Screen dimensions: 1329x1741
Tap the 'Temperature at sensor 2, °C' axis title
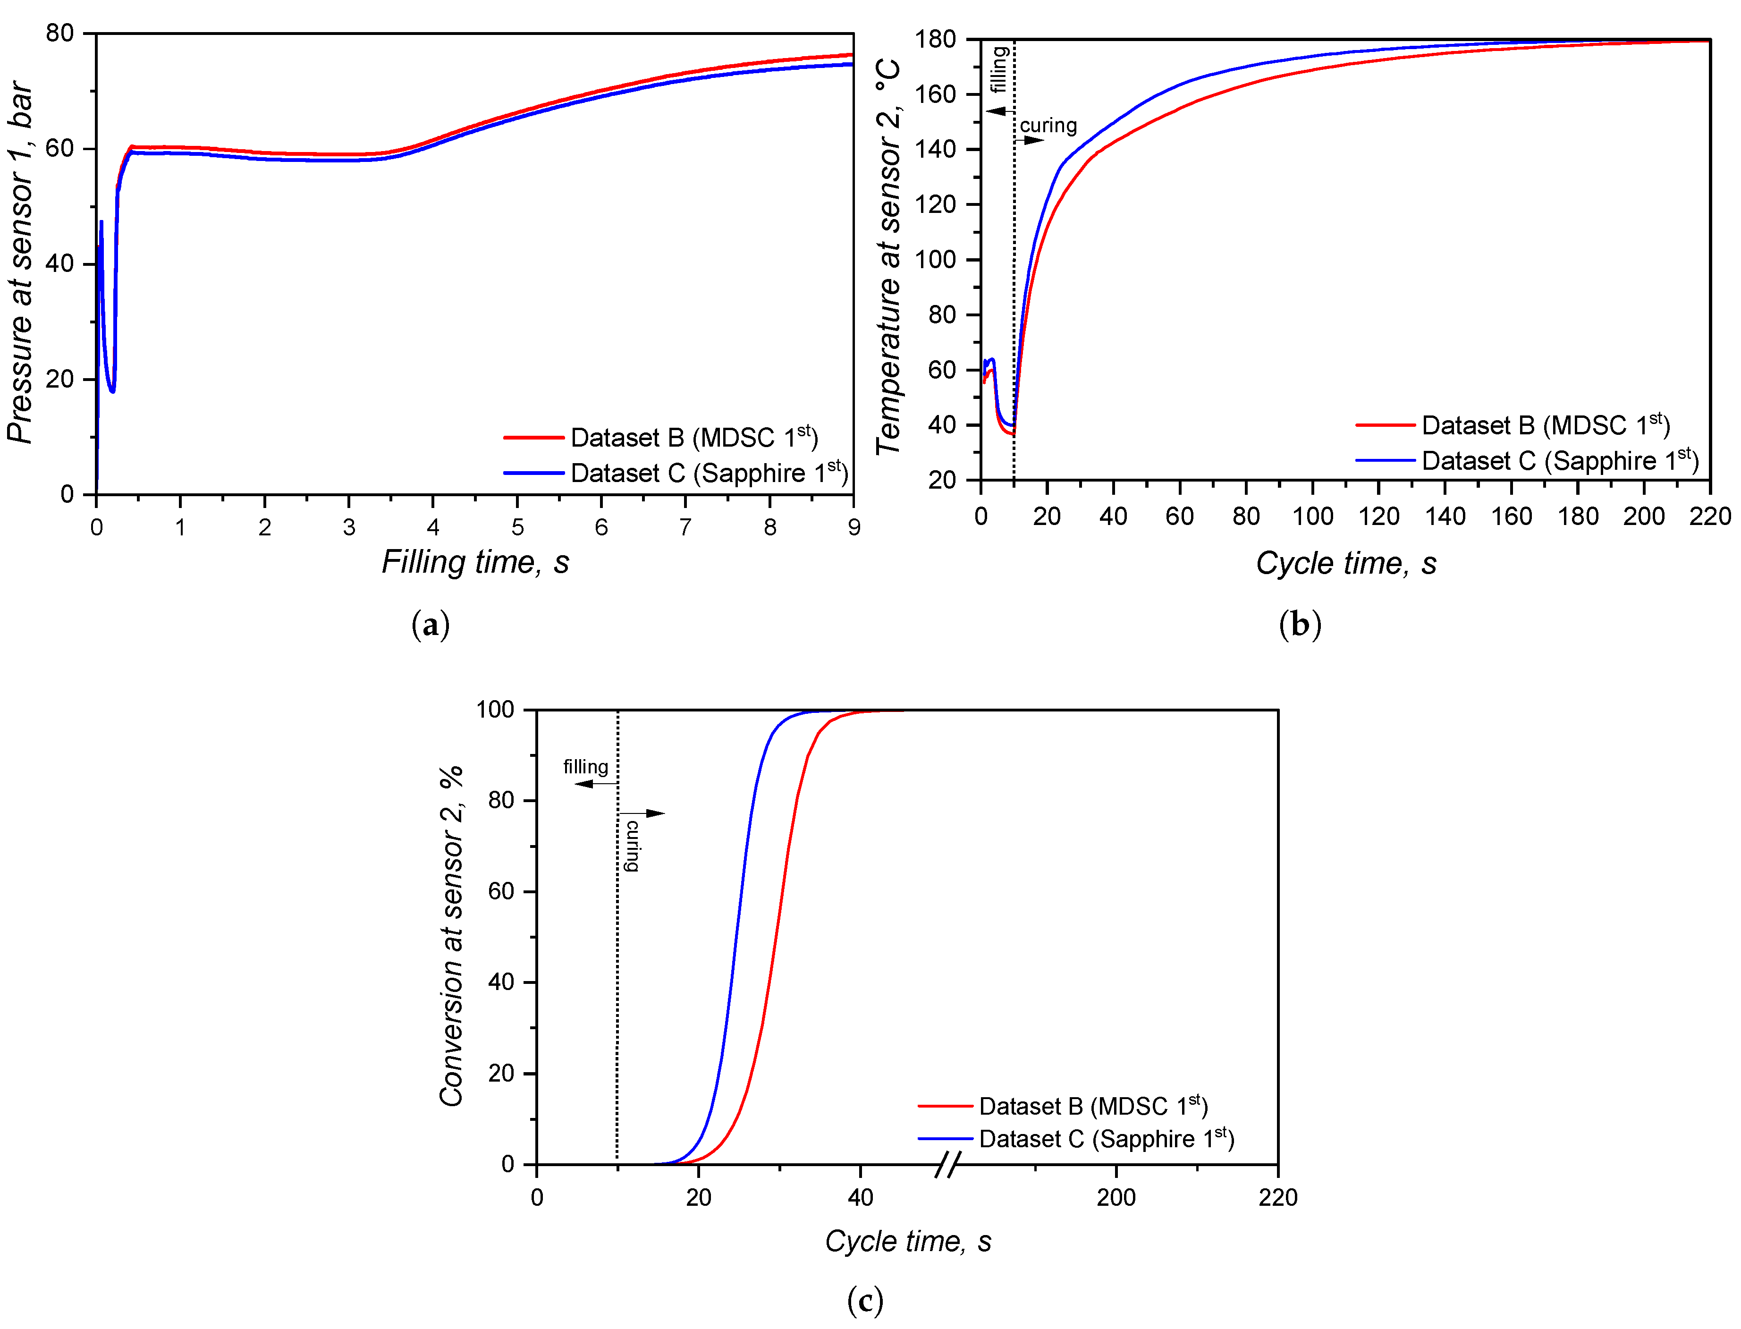point(889,257)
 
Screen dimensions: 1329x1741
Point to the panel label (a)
point(431,625)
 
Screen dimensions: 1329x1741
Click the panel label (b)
point(1300,625)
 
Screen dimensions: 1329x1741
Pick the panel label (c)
point(864,1301)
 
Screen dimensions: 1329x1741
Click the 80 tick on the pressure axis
point(59,33)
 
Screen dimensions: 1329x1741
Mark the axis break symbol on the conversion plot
point(947,1164)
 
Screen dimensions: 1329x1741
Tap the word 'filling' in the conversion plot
point(585,767)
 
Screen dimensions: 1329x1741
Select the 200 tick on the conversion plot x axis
point(1116,1198)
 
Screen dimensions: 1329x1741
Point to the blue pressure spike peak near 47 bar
point(101,222)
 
